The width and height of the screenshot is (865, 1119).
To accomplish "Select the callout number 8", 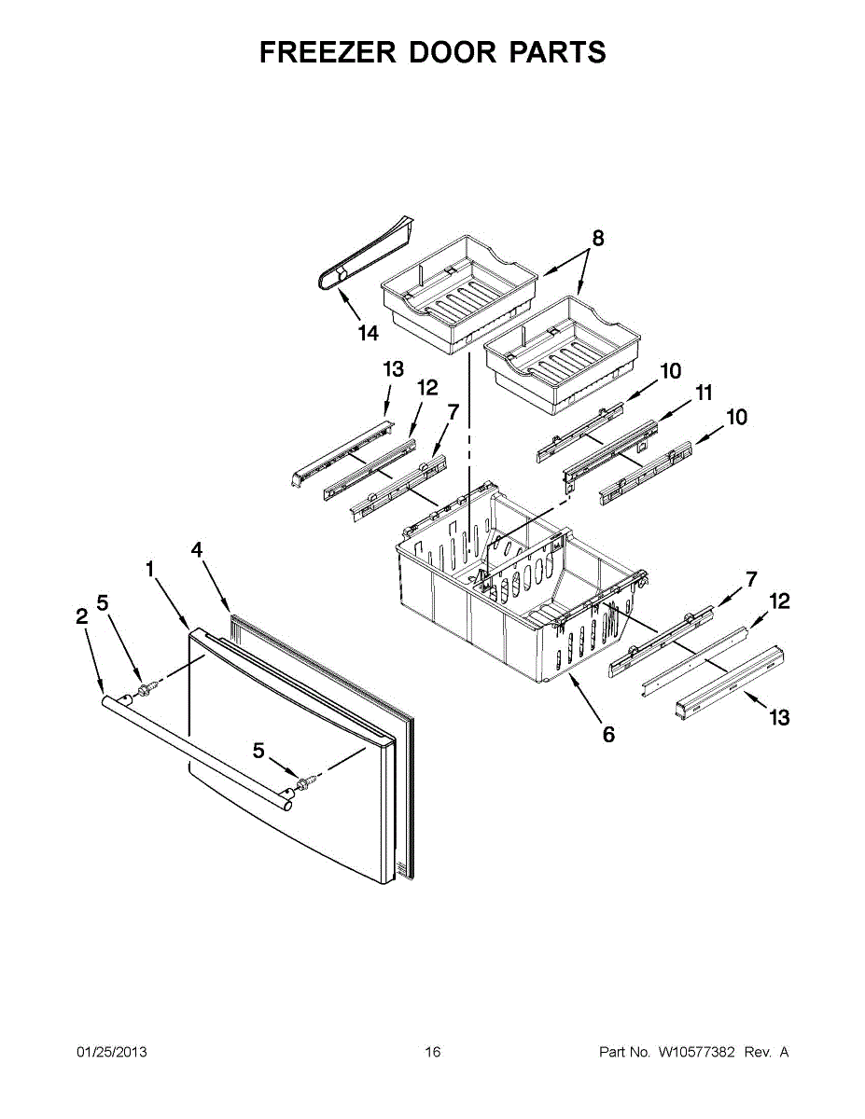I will point(598,238).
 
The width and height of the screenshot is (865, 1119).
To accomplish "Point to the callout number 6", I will point(608,735).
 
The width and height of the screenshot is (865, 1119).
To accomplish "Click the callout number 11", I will point(703,393).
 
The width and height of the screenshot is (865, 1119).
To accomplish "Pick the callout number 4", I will point(197,549).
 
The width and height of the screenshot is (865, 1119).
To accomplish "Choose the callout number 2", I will point(81,615).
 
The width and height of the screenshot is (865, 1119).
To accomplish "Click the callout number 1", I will point(150,568).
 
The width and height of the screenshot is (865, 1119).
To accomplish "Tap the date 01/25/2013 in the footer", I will point(111,1053).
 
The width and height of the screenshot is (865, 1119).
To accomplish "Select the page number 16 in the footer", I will point(432,1053).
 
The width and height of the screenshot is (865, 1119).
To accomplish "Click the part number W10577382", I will point(696,1053).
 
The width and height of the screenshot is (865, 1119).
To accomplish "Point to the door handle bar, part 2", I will point(196,745).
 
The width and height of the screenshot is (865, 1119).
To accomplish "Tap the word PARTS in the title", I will point(557,52).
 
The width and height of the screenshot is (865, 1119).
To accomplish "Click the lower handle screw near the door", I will point(305,781).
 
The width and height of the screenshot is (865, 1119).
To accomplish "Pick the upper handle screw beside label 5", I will point(146,689).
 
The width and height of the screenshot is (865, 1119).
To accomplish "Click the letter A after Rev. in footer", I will point(784,1053).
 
